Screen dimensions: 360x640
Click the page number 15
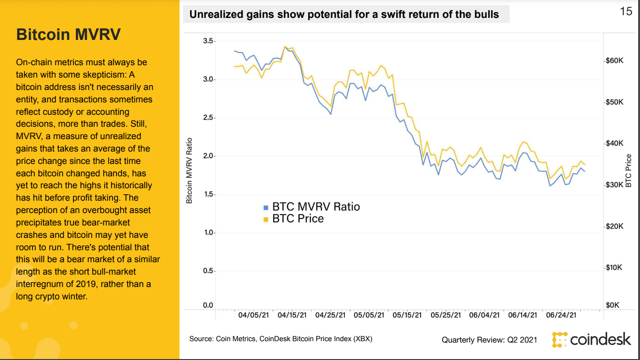click(626, 11)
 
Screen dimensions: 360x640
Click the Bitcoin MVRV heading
click(68, 34)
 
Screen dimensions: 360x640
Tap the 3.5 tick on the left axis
click(208, 41)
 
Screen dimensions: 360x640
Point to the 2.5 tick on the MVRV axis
click(208, 118)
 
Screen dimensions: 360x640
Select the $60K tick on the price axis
click(613, 61)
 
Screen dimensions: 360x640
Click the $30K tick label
click(613, 185)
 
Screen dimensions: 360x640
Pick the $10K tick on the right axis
click(613, 267)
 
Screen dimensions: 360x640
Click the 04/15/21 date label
click(292, 315)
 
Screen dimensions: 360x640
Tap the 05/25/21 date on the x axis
click(446, 315)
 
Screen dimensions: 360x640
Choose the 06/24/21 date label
click(561, 315)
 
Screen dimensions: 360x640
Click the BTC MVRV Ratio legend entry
click(316, 207)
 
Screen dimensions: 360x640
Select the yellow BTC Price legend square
click(265, 219)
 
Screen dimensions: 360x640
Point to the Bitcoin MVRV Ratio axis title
click(189, 170)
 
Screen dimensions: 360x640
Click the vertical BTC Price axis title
click(629, 170)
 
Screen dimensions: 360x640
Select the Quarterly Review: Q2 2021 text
click(489, 340)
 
